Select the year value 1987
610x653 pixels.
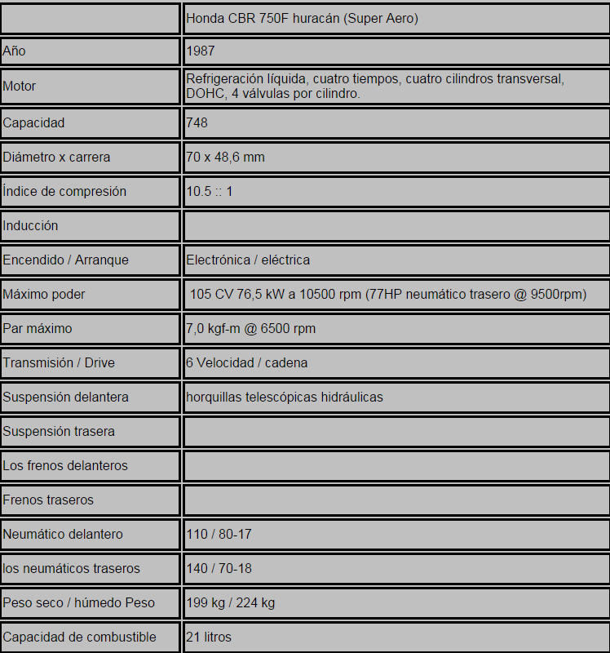coord(201,51)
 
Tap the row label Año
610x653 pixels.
coord(15,51)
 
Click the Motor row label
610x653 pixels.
coord(20,87)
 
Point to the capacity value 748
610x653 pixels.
coord(197,122)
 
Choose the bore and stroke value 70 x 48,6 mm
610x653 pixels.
coord(226,157)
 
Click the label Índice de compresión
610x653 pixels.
coord(64,191)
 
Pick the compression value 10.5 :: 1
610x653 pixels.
coord(210,191)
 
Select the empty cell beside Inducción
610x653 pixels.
coord(396,225)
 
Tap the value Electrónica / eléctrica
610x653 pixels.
coord(248,260)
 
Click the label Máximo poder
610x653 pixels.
coord(44,294)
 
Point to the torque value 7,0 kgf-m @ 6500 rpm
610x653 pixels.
coord(251,328)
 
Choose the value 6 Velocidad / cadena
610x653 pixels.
coord(247,362)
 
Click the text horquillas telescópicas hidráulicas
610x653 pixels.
coord(285,397)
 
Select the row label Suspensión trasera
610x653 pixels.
coord(59,431)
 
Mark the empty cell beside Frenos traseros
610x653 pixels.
coord(396,500)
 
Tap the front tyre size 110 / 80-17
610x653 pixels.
coord(219,534)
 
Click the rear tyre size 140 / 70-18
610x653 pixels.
coord(219,568)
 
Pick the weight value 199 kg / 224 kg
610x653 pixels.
coord(231,602)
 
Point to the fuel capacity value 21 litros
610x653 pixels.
coord(209,637)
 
